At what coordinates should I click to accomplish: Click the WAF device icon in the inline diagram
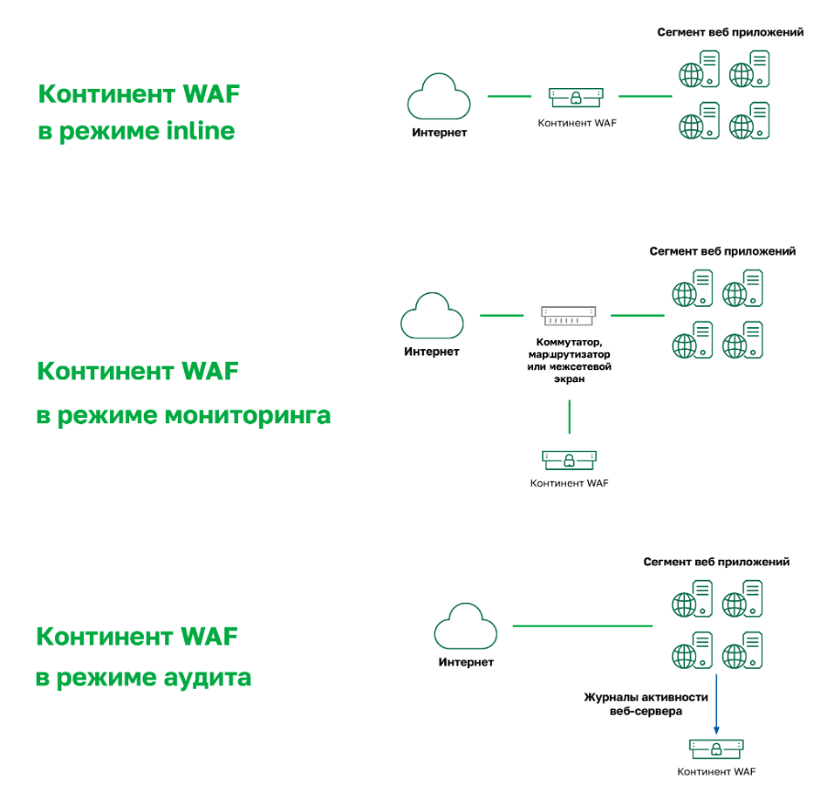point(577,95)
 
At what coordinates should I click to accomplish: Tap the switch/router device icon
point(569,315)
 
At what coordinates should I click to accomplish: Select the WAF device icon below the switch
point(569,457)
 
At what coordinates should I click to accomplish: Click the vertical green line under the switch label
point(569,416)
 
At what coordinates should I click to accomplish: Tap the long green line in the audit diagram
point(582,626)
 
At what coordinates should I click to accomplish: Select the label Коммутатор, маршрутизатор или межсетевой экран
point(569,360)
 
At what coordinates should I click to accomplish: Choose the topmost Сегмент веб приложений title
point(730,32)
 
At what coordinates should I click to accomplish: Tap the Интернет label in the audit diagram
point(465,662)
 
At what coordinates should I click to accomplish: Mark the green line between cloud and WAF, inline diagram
point(509,95)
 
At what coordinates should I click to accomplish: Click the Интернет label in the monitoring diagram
point(431,352)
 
